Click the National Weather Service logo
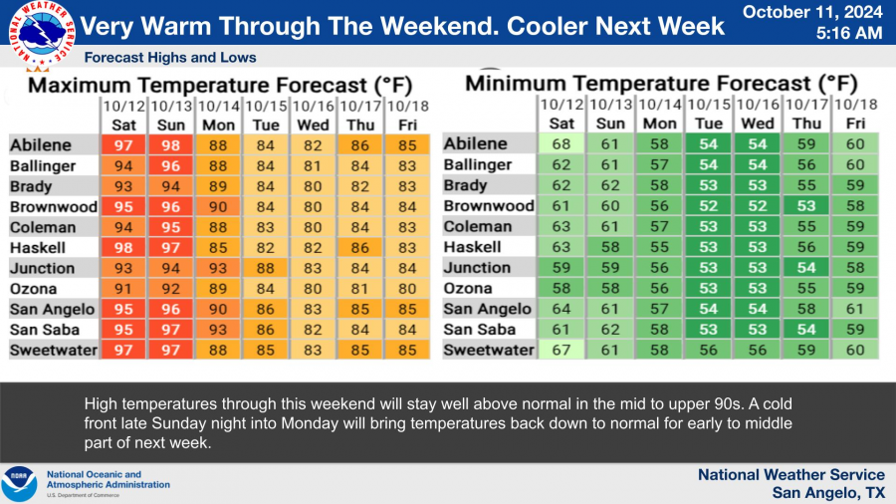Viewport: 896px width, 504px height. [x=42, y=33]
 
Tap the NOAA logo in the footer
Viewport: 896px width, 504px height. [x=19, y=483]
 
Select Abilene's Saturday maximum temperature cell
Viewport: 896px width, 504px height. [x=123, y=145]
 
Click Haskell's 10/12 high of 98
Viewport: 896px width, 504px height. [x=123, y=247]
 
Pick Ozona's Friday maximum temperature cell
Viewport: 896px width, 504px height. [x=407, y=289]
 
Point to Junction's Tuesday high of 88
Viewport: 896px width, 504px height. [x=265, y=268]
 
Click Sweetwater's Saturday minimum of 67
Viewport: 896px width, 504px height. [x=561, y=350]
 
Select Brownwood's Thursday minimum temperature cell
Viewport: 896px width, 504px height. [x=806, y=206]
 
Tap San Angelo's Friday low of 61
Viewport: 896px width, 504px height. [x=855, y=309]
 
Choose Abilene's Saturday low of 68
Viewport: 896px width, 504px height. [x=561, y=144]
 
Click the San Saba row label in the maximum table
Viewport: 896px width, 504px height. [x=45, y=330]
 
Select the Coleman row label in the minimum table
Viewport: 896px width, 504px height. [x=478, y=226]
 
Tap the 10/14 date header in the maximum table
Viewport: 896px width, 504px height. [x=218, y=107]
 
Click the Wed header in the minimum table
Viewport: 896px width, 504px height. [x=758, y=124]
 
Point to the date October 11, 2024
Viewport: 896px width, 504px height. [x=812, y=12]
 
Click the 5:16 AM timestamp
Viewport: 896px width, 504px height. [x=849, y=33]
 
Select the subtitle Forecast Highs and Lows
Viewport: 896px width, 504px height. [x=170, y=57]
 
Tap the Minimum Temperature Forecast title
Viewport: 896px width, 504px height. [x=661, y=84]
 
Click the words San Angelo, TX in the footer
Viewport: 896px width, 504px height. [x=828, y=493]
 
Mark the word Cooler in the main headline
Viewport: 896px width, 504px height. [x=551, y=26]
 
